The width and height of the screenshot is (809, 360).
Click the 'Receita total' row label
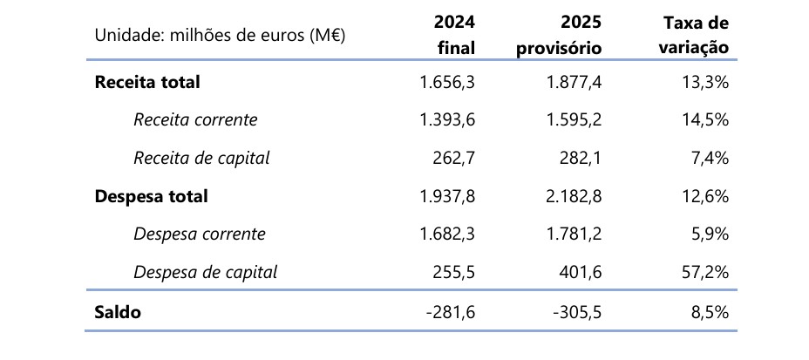pos(147,82)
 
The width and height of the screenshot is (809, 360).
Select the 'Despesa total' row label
pos(151,196)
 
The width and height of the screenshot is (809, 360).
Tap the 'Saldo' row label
pos(118,312)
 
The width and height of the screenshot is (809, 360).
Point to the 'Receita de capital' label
pos(201,158)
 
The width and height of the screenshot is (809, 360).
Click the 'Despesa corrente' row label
pos(199,234)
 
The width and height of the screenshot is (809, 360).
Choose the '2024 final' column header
pos(454,35)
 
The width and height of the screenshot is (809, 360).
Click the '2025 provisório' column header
pos(559,35)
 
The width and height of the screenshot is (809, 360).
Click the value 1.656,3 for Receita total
pos(447,82)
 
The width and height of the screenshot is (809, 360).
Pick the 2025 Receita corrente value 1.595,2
pos(574,120)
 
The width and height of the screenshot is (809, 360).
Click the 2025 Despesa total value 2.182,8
pos(574,196)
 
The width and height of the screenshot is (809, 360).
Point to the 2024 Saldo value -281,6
pos(452,312)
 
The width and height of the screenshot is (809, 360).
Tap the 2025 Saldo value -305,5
pos(578,312)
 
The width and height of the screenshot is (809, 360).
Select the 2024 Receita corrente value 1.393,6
pos(447,120)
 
